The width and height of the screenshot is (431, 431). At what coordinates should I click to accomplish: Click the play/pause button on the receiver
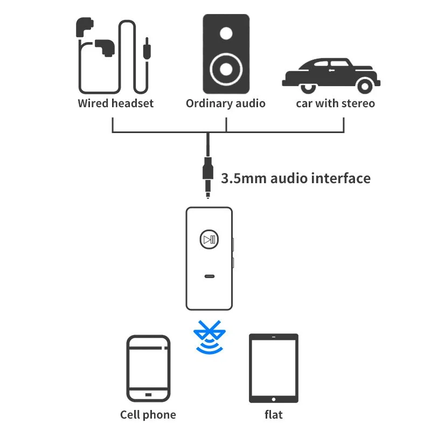209,239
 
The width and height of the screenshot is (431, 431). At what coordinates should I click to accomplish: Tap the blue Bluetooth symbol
210,337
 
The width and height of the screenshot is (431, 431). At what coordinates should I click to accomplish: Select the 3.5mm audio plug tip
208,196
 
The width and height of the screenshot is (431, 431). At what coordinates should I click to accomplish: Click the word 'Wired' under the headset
93,103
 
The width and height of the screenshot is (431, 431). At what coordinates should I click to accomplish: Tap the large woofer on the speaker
226,69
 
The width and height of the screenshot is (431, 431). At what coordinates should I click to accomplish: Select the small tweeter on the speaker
226,33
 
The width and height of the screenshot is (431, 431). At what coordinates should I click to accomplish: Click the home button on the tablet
274,399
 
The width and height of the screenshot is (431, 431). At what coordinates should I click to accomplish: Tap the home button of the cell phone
149,395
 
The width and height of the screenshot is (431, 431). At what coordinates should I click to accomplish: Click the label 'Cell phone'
148,415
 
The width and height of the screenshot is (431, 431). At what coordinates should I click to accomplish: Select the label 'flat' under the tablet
274,414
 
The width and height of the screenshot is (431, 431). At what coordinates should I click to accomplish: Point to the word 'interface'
341,178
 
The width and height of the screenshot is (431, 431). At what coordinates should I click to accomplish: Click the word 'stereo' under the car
358,103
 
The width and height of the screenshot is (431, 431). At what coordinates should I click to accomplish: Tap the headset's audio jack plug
147,49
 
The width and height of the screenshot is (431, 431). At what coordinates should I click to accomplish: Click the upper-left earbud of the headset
84,26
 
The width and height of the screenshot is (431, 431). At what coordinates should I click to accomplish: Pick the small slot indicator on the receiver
210,276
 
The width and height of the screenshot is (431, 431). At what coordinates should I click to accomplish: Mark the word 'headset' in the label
133,103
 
